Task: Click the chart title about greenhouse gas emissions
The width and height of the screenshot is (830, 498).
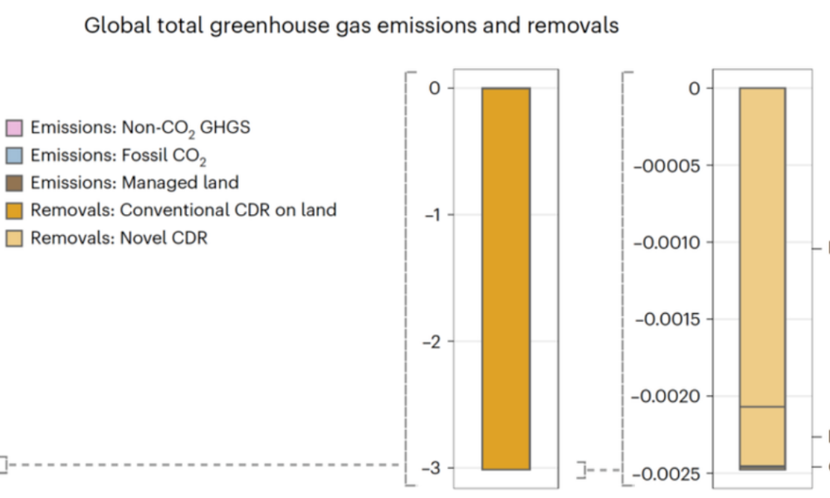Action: (x=351, y=26)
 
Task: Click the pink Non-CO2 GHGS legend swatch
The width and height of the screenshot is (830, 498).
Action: (x=15, y=128)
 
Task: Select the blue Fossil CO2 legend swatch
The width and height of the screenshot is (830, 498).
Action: (x=15, y=155)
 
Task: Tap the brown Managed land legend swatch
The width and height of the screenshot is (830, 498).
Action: (x=15, y=183)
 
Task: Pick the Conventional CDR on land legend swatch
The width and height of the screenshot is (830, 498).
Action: (x=15, y=210)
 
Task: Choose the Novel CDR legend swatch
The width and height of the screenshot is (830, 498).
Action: (x=15, y=238)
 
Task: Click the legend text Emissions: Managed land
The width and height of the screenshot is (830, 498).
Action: (x=134, y=183)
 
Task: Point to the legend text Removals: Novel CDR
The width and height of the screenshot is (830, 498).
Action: (x=119, y=238)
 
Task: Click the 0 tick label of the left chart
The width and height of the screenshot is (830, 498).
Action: (x=435, y=88)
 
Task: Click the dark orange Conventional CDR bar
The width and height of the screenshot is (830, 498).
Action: (x=505, y=278)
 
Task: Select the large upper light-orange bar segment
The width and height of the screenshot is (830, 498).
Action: (x=762, y=247)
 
